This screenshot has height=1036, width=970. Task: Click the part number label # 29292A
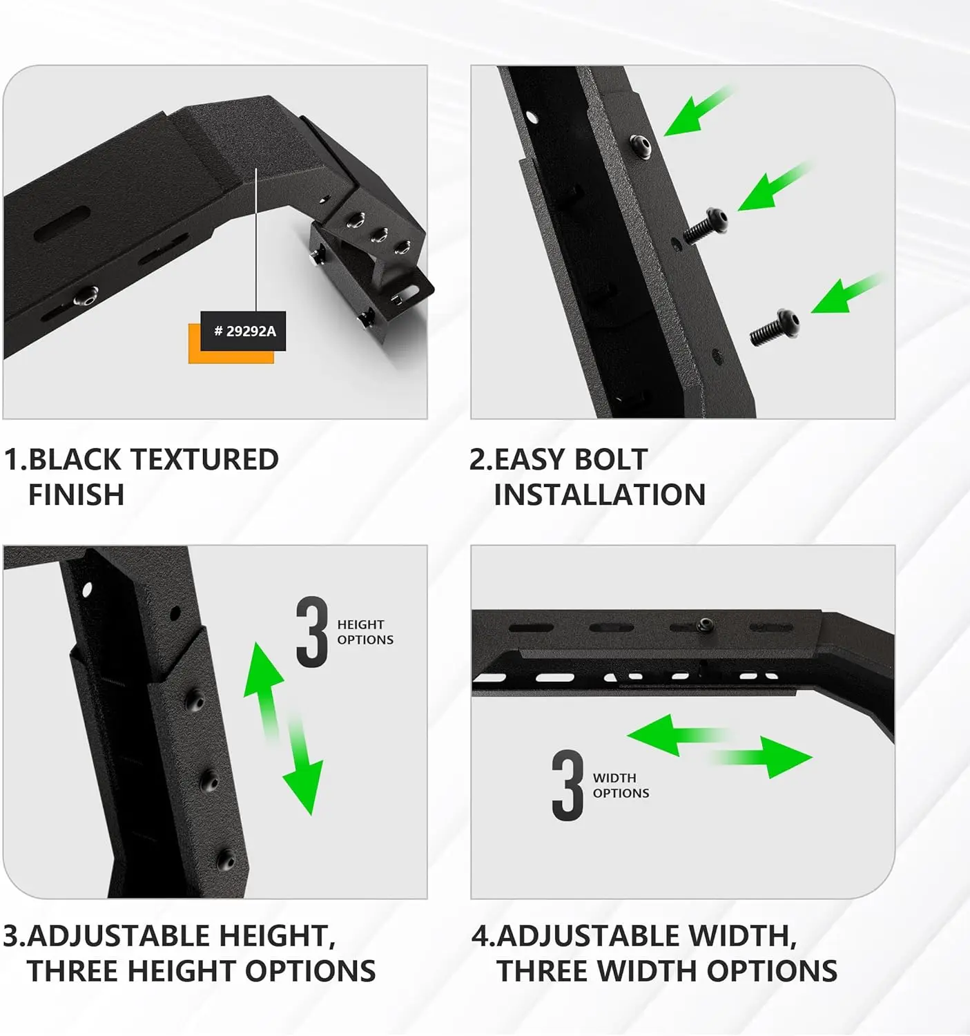[244, 332]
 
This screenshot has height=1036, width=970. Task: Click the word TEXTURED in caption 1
[204, 460]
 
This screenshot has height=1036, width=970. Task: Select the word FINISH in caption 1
[76, 495]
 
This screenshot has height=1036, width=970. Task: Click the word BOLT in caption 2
[610, 460]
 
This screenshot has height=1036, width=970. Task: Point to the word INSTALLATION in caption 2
[599, 495]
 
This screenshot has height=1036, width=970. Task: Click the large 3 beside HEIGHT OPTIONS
[312, 633]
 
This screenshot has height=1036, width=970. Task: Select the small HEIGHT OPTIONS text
[365, 632]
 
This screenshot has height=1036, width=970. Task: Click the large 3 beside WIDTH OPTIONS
[568, 786]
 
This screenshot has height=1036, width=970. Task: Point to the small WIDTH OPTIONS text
[620, 786]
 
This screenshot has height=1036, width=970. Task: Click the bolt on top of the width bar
[704, 625]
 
